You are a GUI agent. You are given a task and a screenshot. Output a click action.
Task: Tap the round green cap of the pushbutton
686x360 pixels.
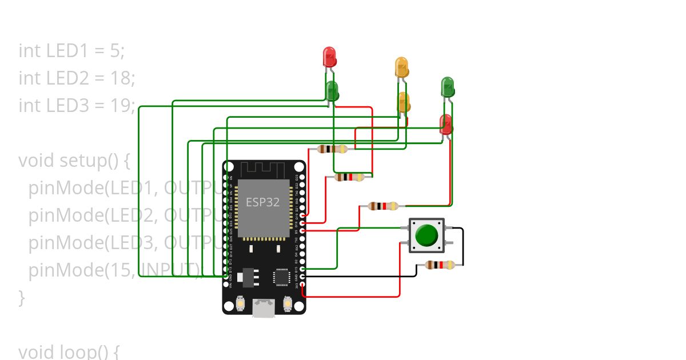(426, 235)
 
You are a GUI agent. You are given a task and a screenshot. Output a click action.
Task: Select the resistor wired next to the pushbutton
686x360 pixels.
(440, 265)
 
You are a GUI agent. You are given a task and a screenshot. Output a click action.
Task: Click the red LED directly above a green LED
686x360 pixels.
(329, 57)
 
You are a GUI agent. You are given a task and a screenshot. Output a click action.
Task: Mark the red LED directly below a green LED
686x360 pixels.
(445, 124)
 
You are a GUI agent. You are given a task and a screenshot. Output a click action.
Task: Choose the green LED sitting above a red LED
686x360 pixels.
(448, 87)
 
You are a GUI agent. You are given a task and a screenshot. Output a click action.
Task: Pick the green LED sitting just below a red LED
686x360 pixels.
(332, 90)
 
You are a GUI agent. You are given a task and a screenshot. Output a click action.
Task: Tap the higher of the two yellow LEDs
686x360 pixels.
(401, 67)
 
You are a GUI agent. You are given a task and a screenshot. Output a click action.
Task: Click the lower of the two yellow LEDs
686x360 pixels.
(404, 102)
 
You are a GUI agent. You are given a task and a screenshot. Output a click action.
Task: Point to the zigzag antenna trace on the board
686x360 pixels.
(262, 169)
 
